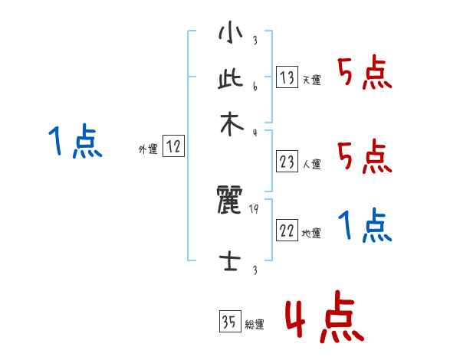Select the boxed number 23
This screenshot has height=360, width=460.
(x=286, y=161)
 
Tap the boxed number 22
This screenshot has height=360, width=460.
(x=286, y=231)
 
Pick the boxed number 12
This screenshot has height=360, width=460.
(x=173, y=147)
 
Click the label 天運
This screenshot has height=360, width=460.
(x=312, y=80)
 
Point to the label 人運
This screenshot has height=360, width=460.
(x=312, y=164)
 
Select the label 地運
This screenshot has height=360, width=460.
(x=312, y=234)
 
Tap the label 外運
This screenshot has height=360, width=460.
(x=147, y=150)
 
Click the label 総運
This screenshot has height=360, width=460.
(x=255, y=325)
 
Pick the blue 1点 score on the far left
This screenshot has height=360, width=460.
(x=74, y=142)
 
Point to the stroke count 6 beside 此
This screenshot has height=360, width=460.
(x=254, y=87)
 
